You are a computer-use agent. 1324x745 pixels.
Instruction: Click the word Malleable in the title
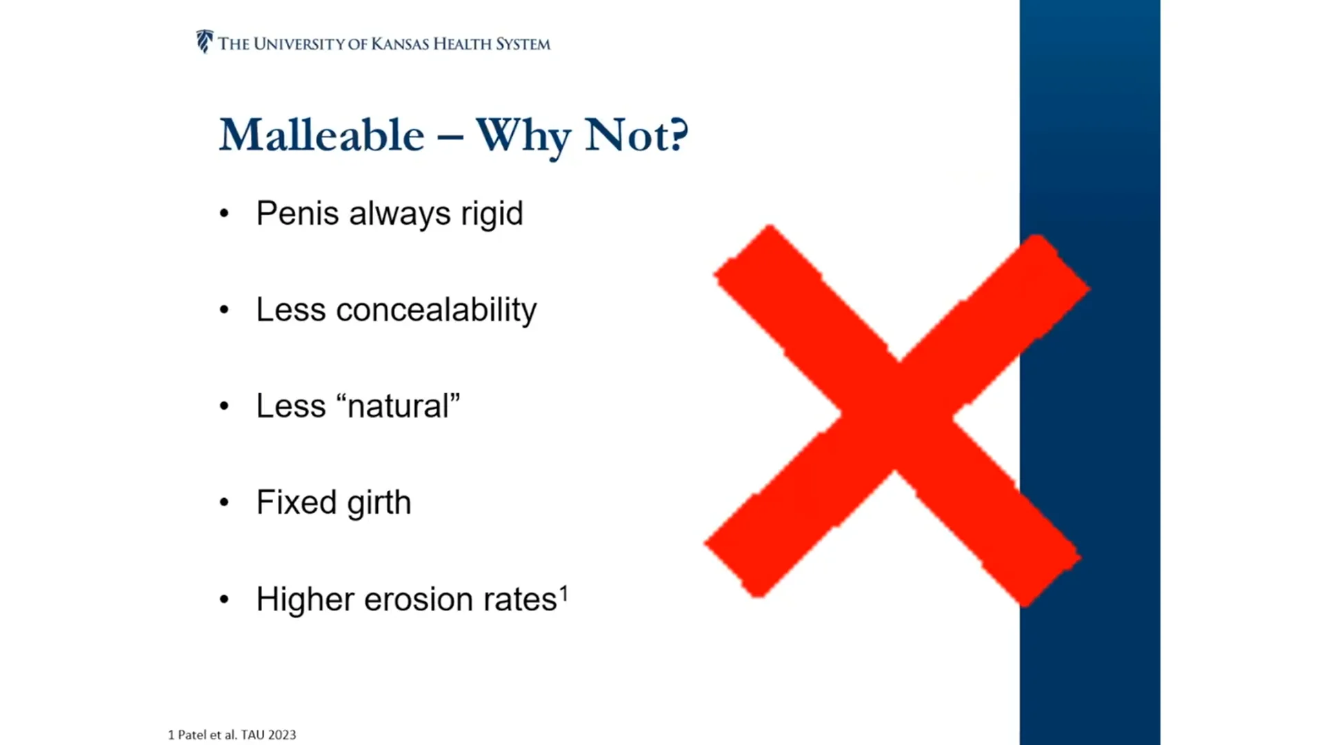pyautogui.click(x=322, y=135)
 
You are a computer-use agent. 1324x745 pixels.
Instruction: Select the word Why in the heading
pyautogui.click(x=523, y=137)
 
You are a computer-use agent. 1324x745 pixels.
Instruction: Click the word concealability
pyautogui.click(x=437, y=310)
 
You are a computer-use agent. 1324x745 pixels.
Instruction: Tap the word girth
pyautogui.click(x=379, y=503)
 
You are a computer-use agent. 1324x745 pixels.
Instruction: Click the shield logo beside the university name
pyautogui.click(x=204, y=41)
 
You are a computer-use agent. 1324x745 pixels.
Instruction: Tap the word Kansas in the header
pyautogui.click(x=400, y=44)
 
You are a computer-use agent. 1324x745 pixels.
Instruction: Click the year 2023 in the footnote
pyautogui.click(x=282, y=735)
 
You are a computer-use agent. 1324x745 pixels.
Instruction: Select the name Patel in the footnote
pyautogui.click(x=192, y=735)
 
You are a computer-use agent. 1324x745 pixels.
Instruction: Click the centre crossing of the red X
pyautogui.click(x=896, y=415)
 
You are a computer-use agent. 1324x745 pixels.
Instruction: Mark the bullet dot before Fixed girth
pyautogui.click(x=224, y=503)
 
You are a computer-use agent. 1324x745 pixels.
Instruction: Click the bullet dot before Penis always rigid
pyautogui.click(x=224, y=214)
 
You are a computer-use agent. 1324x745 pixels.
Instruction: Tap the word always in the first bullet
pyautogui.click(x=400, y=215)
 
